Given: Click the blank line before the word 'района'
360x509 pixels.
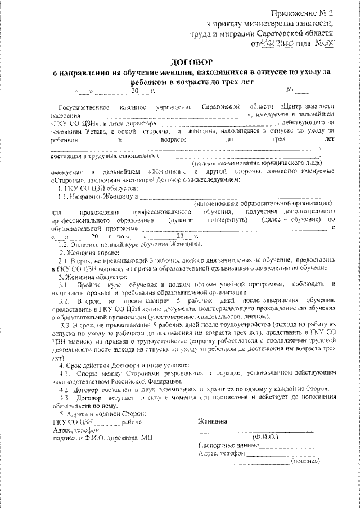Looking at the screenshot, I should (x=106, y=422).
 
